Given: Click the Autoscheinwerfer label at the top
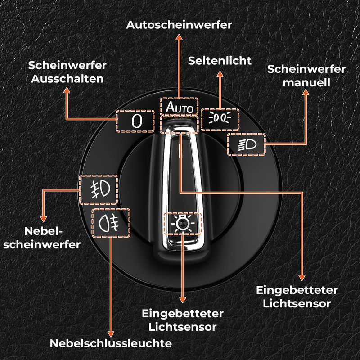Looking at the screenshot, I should click(x=179, y=24).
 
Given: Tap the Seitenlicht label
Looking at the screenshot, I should click(x=220, y=60).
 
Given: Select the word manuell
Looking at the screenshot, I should click(x=306, y=82).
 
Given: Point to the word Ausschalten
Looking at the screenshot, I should click(x=67, y=78).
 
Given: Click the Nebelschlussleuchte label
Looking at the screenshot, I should click(x=111, y=343).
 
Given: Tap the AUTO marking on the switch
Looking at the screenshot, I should click(x=179, y=108).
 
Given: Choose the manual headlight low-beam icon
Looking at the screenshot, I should click(x=246, y=145).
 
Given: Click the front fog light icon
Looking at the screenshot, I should click(x=99, y=188).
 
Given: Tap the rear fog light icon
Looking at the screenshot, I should click(x=110, y=223).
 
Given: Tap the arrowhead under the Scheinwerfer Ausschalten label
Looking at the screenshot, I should click(x=67, y=90).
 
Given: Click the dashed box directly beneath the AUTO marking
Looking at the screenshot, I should click(x=179, y=123).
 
